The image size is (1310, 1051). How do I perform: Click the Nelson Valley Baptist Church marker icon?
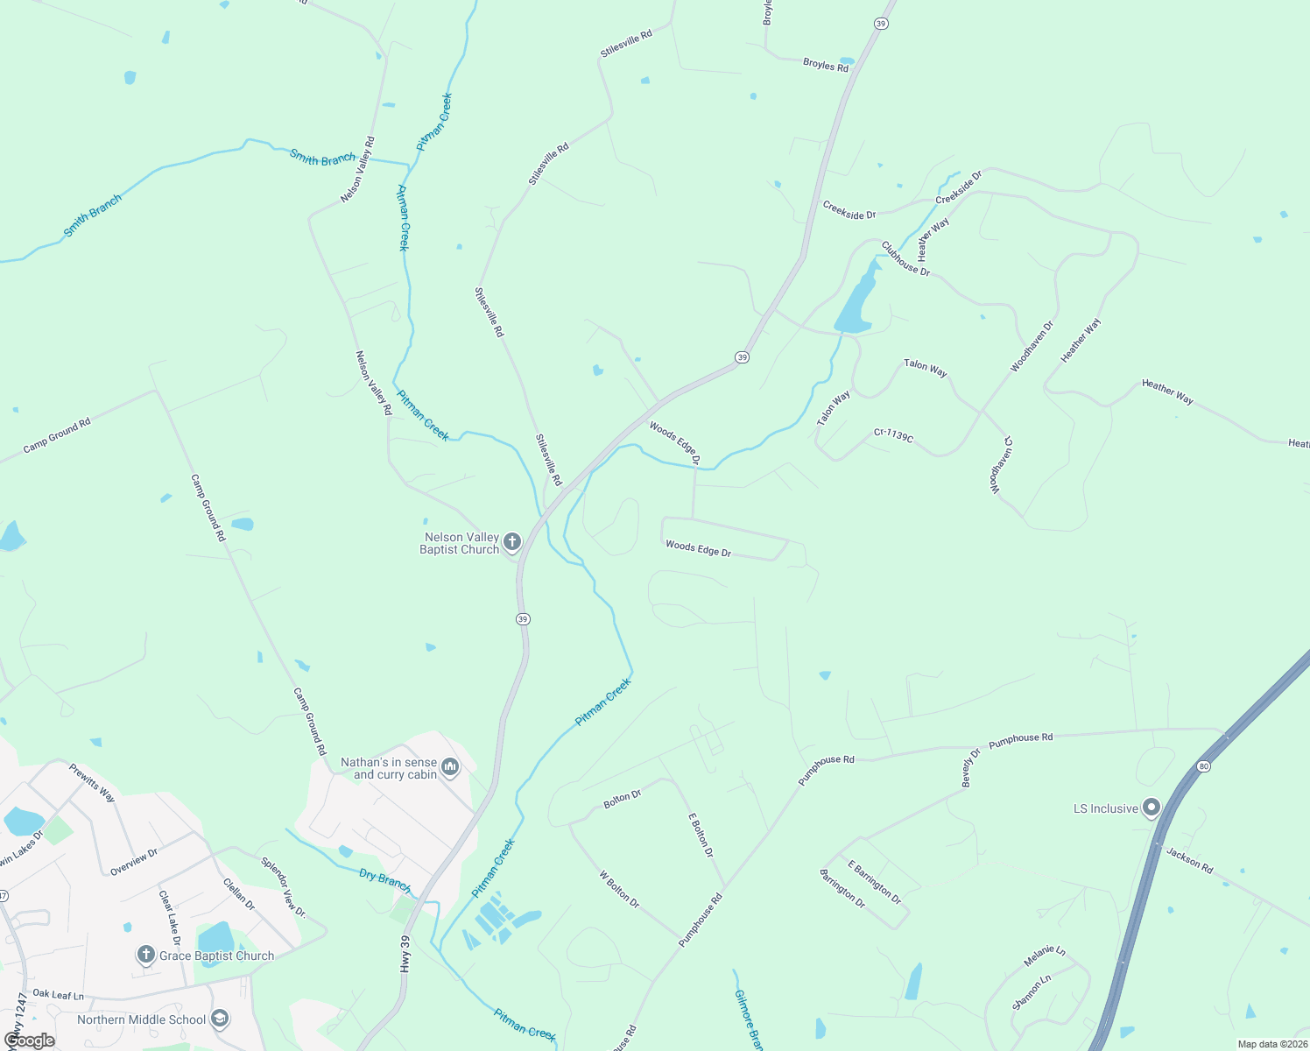pos(512,541)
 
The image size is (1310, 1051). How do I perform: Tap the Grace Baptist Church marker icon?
pos(146,955)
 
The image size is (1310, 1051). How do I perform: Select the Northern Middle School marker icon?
pos(220,1019)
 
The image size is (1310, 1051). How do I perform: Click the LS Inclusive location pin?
pos(1152,808)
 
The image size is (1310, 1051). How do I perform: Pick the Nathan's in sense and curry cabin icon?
pos(450,767)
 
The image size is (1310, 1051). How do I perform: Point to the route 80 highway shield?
pos(1204,766)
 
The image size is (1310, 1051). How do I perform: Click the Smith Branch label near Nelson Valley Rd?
pos(323,159)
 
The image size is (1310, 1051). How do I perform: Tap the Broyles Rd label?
pos(826,65)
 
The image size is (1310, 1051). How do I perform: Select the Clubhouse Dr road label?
pos(905,258)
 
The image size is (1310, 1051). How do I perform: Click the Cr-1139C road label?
pos(893,434)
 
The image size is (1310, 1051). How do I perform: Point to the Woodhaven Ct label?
pos(1001,464)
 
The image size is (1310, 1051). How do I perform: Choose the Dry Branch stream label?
pos(384,879)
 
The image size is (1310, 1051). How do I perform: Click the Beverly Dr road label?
pos(972,767)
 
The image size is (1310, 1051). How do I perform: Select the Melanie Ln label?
pos(1044,956)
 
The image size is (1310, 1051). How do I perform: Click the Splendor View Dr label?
pos(283,886)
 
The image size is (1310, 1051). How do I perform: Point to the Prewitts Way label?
pos(92,782)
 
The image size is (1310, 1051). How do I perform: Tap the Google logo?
pos(29,1040)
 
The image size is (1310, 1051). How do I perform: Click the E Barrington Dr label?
pos(874,882)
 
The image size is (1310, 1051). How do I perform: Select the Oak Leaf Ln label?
pos(58,995)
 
